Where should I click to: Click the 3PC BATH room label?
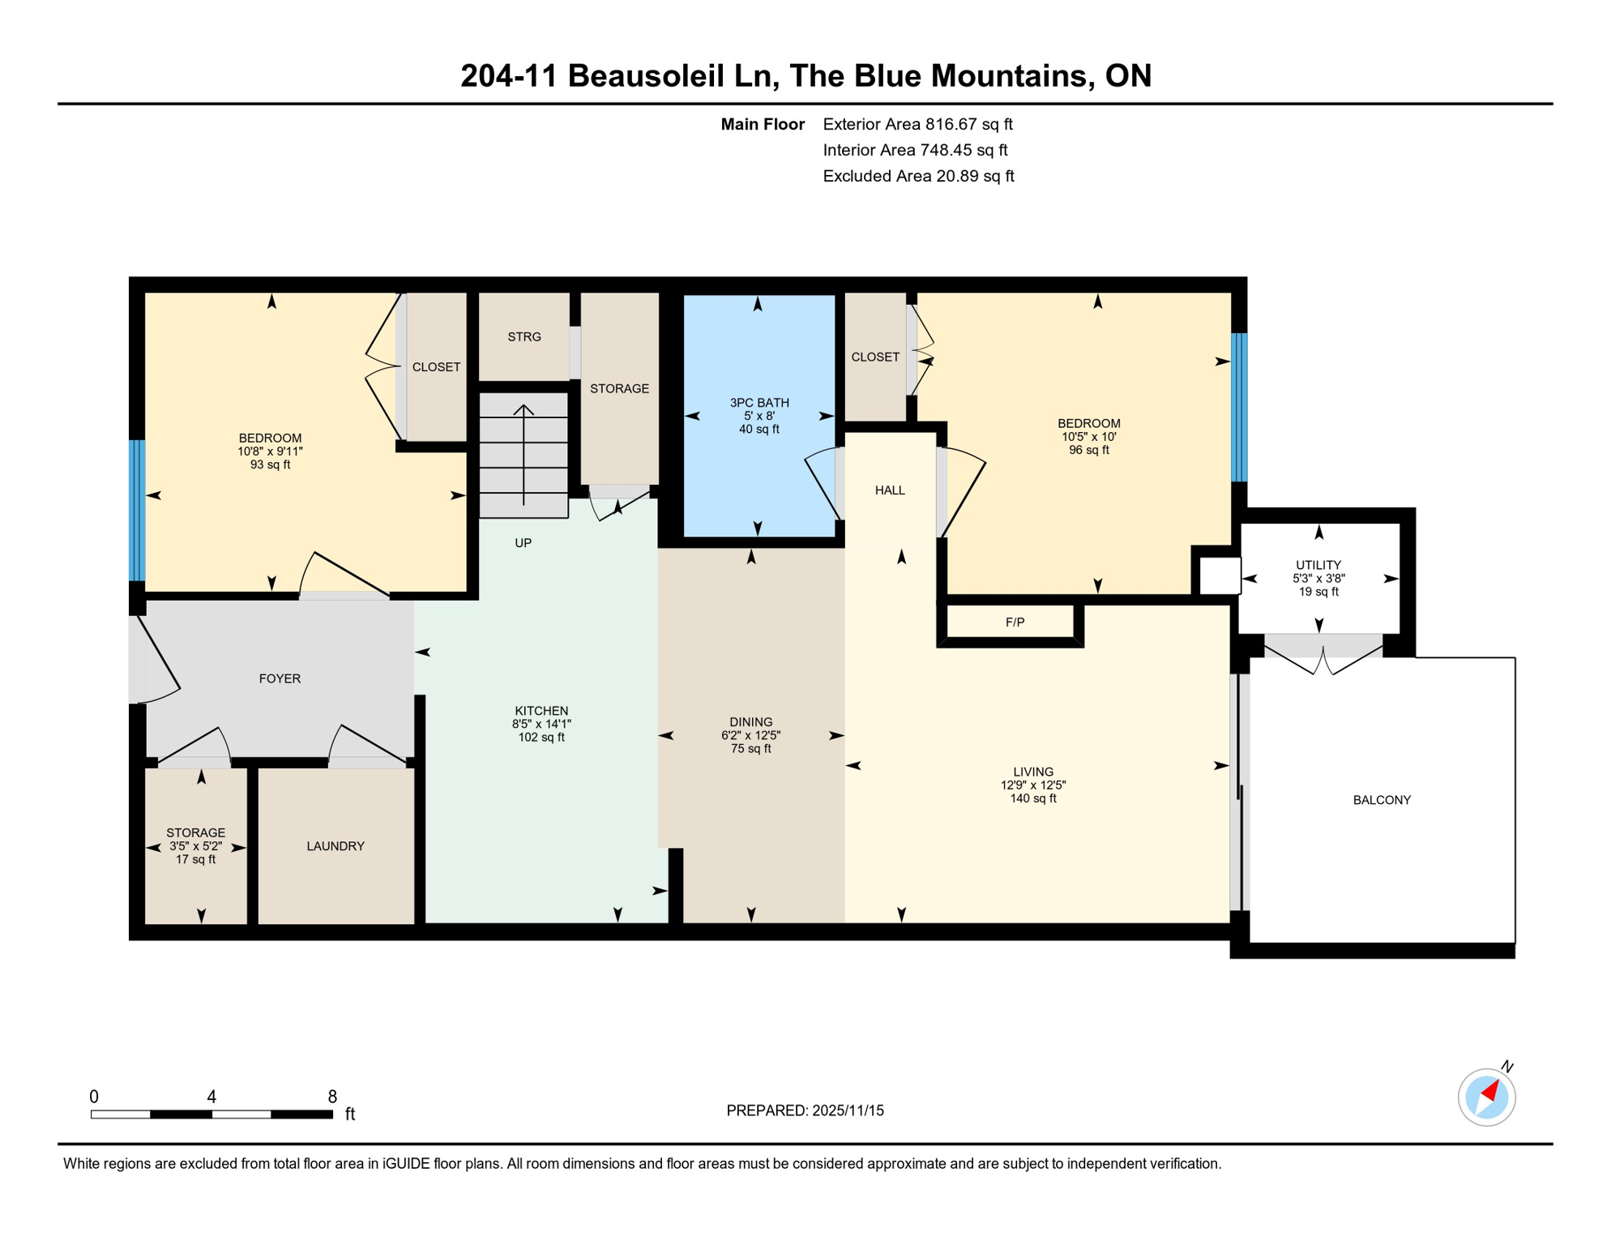(758, 403)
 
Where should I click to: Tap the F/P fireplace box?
(1014, 622)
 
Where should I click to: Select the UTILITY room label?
(1318, 565)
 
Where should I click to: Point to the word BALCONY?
(1381, 800)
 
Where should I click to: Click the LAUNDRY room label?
(335, 846)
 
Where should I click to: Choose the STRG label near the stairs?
(523, 336)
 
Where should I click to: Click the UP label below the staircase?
(523, 543)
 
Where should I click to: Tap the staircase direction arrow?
(523, 454)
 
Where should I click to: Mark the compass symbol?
(1486, 1097)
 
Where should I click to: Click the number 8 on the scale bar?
(332, 1097)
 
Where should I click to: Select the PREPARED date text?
(805, 1110)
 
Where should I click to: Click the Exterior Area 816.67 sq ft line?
(917, 124)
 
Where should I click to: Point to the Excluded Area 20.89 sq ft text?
(918, 176)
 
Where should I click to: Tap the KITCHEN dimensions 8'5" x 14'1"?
(541, 724)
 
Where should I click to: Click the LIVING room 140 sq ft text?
(1032, 798)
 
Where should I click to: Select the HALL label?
(889, 490)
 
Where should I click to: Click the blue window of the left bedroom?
(137, 510)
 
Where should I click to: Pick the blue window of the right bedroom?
(1238, 407)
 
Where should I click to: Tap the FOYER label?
(280, 678)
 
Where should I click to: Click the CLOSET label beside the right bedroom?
(874, 357)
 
